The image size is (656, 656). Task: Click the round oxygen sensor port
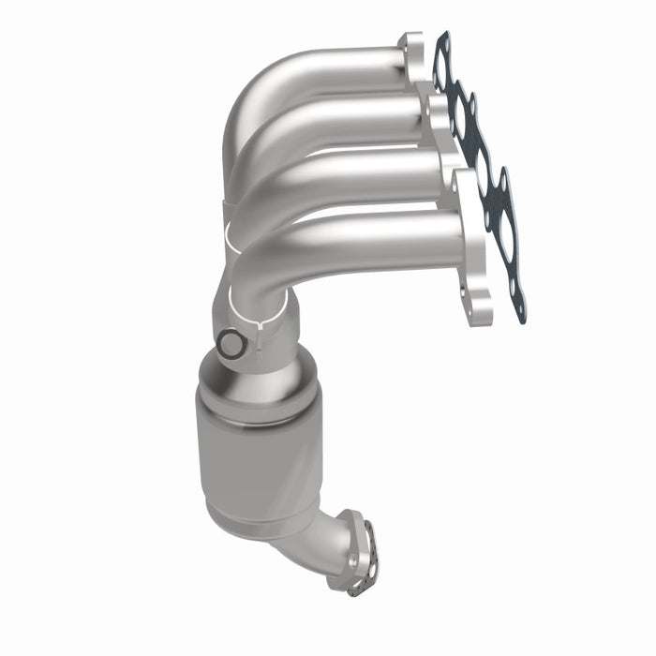tap(230, 345)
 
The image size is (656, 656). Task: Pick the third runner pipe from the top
tap(365, 173)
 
